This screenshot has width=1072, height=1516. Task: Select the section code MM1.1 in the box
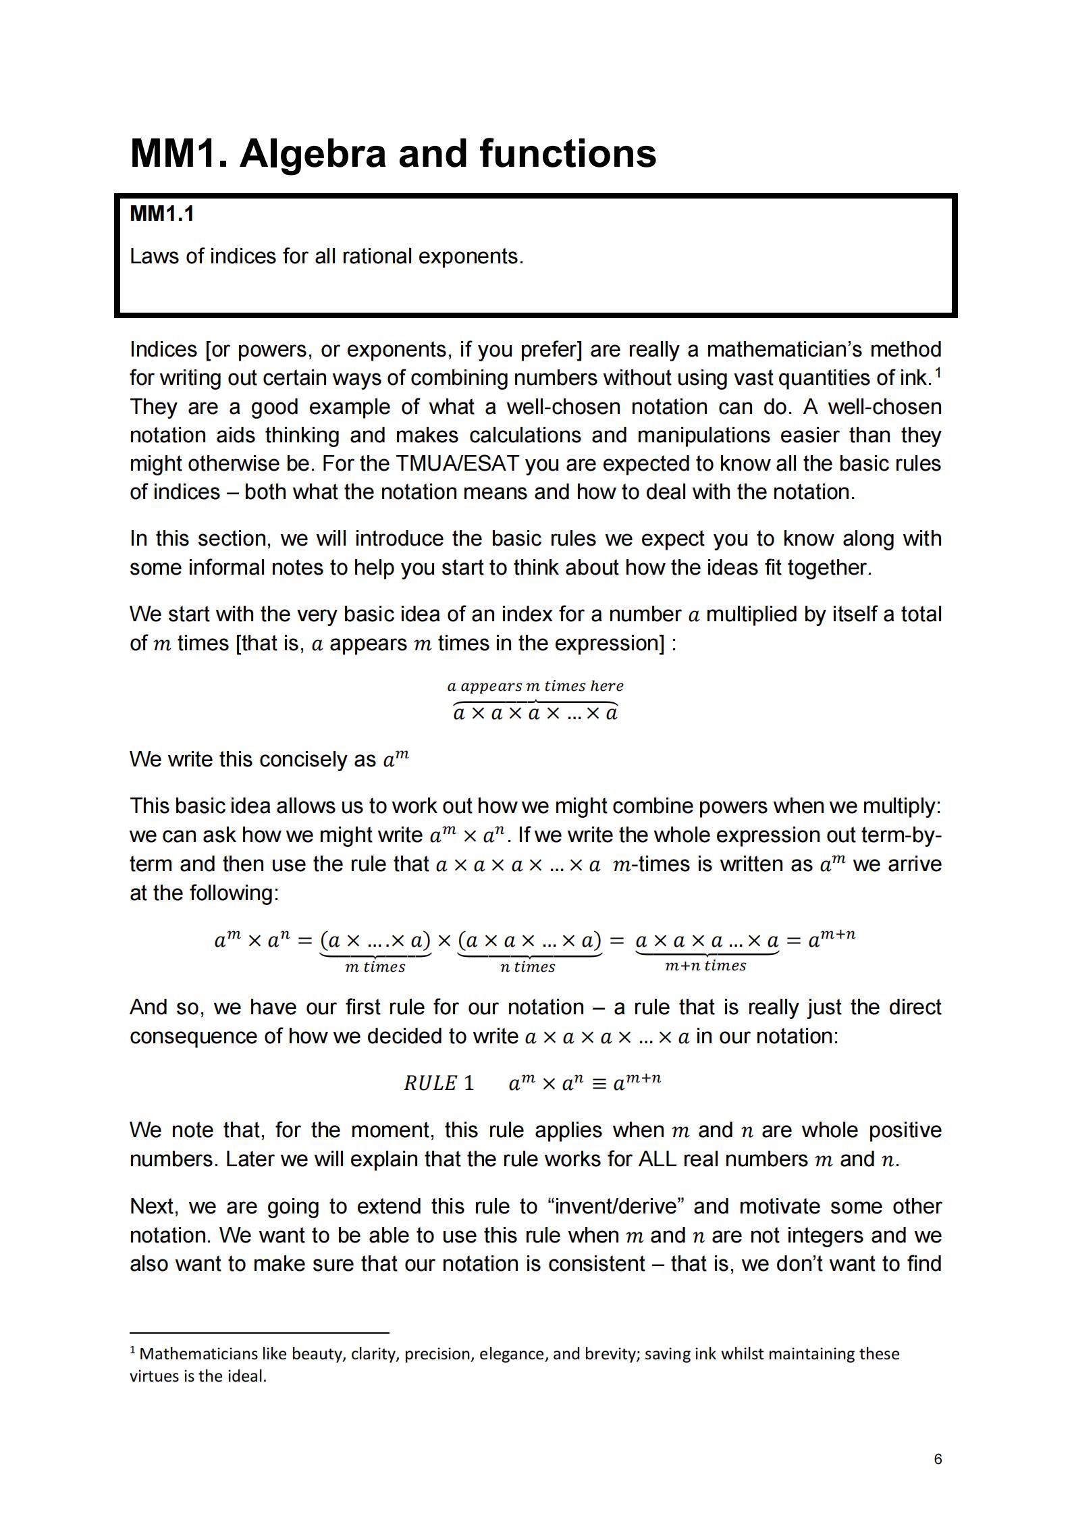click(162, 213)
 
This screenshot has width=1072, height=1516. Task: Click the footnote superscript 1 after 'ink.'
click(938, 371)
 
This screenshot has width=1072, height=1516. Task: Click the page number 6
click(938, 1459)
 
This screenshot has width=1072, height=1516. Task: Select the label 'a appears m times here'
click(535, 686)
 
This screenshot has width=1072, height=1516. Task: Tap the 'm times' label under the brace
click(375, 967)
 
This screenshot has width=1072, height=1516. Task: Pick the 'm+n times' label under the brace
click(705, 966)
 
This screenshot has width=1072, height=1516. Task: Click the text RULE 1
click(439, 1083)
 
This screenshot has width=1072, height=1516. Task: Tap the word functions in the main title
click(568, 153)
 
